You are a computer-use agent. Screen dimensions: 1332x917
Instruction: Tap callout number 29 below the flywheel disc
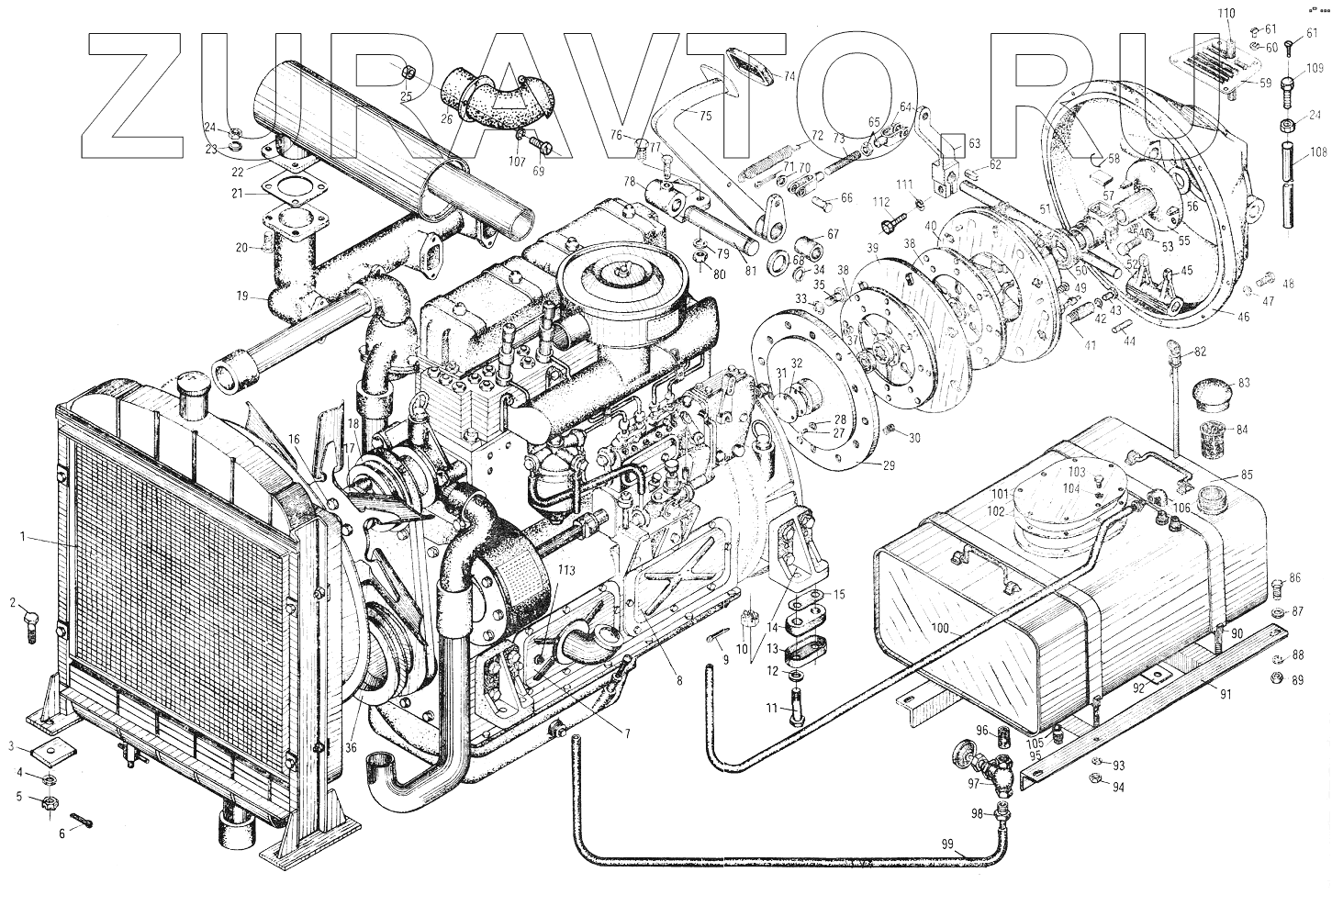[x=888, y=464]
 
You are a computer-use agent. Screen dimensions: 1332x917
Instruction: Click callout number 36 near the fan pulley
[x=350, y=747]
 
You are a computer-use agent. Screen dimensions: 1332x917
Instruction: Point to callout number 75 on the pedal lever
[x=704, y=116]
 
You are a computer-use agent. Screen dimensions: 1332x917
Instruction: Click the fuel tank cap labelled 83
[x=1208, y=397]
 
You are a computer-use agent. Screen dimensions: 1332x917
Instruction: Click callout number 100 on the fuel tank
[x=939, y=628]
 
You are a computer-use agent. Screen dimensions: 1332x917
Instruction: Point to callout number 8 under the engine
[x=679, y=680]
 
